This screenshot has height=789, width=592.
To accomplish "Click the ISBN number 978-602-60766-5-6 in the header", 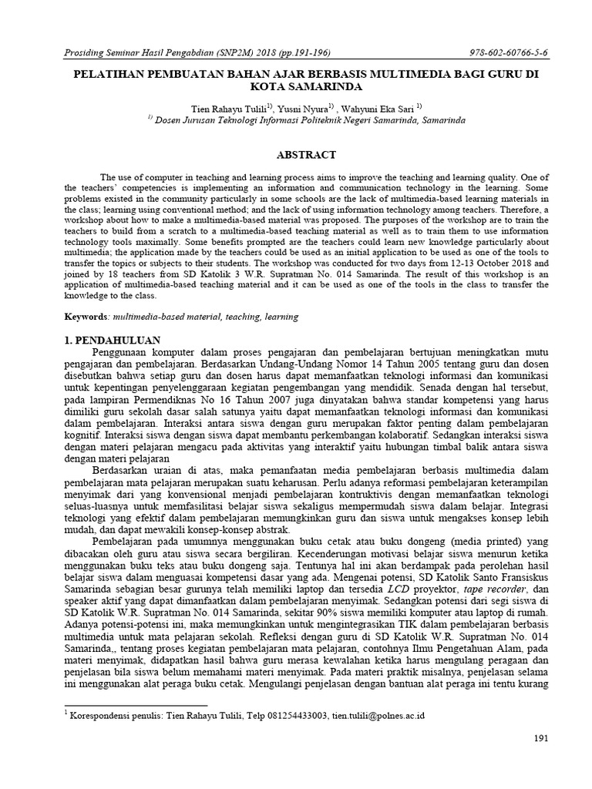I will pyautogui.click(x=509, y=52).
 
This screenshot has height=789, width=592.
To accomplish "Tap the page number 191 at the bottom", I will pyautogui.click(x=540, y=738).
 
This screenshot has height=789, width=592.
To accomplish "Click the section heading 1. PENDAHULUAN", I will pyautogui.click(x=111, y=340).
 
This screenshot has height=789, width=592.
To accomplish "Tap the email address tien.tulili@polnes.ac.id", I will pyautogui.click(x=378, y=715).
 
